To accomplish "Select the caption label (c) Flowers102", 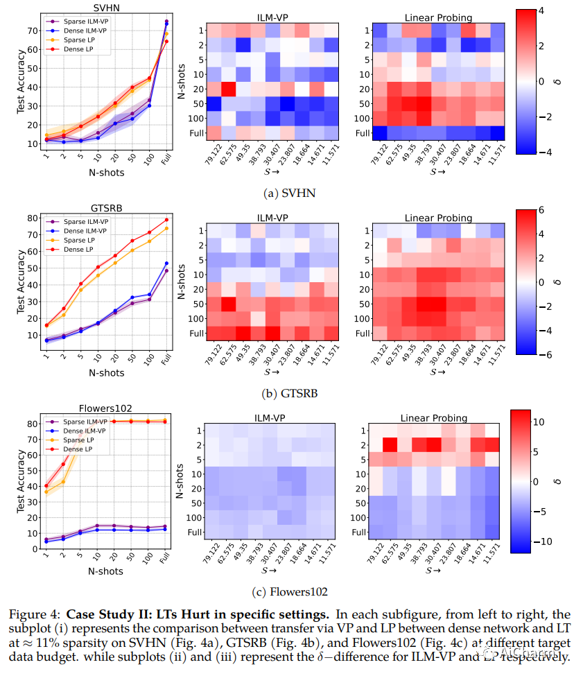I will tap(286, 592).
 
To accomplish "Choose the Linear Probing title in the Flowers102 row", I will tap(433, 418).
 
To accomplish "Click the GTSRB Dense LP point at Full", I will tap(166, 220).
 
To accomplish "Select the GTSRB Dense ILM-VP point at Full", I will tap(166, 263).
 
